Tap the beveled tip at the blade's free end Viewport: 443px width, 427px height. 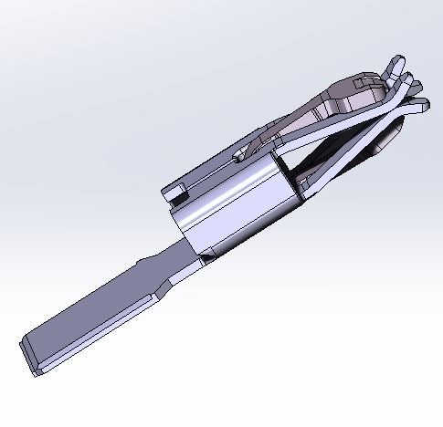click(x=27, y=355)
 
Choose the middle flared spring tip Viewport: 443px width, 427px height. click(x=417, y=89)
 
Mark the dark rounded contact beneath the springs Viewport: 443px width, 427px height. click(x=388, y=137)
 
